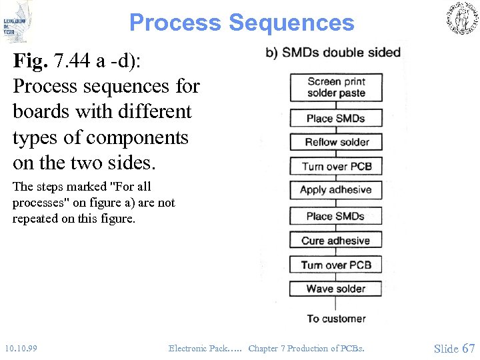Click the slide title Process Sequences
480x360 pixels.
click(241, 23)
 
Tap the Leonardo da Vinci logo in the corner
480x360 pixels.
click(17, 21)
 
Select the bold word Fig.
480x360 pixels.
click(33, 61)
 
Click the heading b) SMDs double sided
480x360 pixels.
click(333, 53)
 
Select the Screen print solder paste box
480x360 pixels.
click(336, 87)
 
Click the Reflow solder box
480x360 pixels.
click(336, 142)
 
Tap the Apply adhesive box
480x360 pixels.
click(336, 190)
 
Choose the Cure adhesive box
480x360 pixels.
click(336, 241)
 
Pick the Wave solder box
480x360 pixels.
click(336, 289)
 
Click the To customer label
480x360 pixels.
click(336, 319)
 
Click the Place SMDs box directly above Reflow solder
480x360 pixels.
click(336, 118)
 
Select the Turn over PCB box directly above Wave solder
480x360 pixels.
click(336, 265)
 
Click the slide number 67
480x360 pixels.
click(468, 348)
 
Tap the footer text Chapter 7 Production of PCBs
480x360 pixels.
click(307, 349)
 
